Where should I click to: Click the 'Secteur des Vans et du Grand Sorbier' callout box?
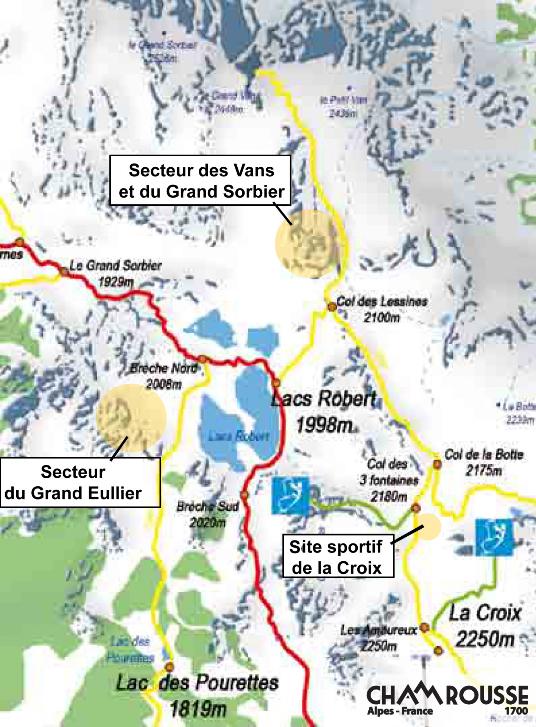(x=200, y=181)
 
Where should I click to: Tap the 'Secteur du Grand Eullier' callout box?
(x=80, y=483)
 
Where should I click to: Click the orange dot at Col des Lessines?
(x=332, y=307)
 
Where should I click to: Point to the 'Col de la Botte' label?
(x=483, y=454)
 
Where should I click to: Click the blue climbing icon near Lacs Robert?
(x=290, y=496)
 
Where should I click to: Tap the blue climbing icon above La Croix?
(x=494, y=537)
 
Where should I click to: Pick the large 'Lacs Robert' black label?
(x=324, y=399)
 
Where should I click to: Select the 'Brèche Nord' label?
(x=164, y=368)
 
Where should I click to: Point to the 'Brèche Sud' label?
(x=207, y=506)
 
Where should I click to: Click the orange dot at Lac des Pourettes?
(x=170, y=667)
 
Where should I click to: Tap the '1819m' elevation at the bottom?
(x=198, y=709)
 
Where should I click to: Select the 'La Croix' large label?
(x=485, y=613)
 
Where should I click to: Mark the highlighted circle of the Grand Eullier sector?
(x=131, y=418)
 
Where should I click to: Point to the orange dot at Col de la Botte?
(x=437, y=464)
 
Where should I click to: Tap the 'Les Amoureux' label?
(x=379, y=630)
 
